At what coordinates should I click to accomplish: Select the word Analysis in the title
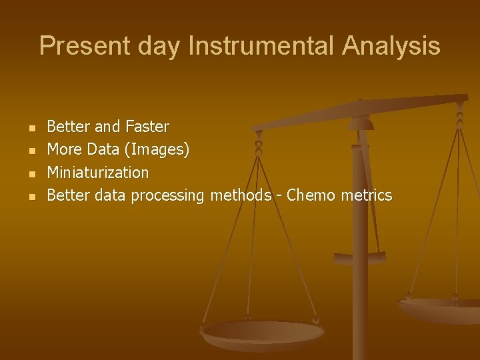point(391,46)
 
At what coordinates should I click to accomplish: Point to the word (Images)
point(157,149)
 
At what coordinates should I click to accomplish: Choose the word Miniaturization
point(98,173)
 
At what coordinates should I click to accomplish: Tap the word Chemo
point(313,195)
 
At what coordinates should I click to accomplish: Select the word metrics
point(367,195)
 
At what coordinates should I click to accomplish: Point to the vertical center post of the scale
point(360,280)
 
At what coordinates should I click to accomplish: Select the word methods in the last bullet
point(241,195)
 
